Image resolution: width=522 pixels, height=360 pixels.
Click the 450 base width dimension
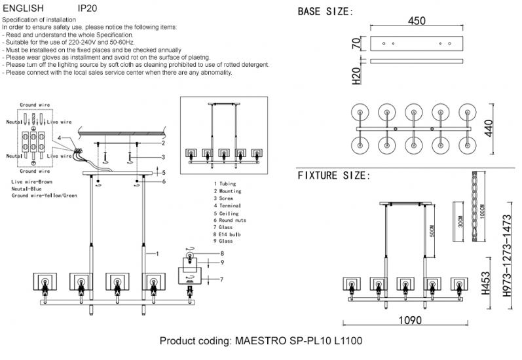[417, 21]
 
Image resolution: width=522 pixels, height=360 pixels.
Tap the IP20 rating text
[88, 9]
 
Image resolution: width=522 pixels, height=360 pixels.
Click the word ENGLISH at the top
[24, 9]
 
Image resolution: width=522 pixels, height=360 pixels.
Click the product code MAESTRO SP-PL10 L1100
[261, 342]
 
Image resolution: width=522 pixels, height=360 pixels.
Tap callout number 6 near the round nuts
[163, 181]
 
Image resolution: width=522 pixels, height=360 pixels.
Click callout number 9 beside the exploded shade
[221, 262]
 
